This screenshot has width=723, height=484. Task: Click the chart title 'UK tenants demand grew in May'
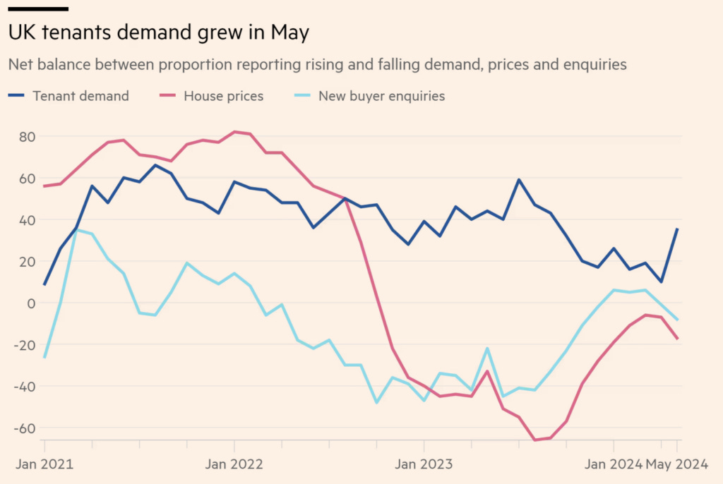[x=159, y=32]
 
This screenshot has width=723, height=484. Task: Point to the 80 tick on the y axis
[x=26, y=136]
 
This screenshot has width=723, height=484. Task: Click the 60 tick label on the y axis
[x=26, y=178]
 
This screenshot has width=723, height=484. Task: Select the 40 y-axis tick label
[x=26, y=219]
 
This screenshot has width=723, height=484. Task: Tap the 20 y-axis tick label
[x=26, y=261]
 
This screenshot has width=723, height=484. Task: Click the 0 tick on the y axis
[x=30, y=303]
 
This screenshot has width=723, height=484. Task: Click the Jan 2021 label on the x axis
[x=44, y=464]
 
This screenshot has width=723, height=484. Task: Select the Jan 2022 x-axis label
[x=234, y=464]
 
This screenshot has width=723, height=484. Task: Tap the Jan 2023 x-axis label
[x=424, y=464]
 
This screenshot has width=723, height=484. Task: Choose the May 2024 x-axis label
[x=677, y=464]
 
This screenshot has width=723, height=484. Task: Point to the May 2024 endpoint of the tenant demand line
[x=677, y=229]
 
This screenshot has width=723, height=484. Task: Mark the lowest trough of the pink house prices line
[x=534, y=440]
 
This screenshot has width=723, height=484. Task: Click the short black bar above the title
[x=38, y=9]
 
